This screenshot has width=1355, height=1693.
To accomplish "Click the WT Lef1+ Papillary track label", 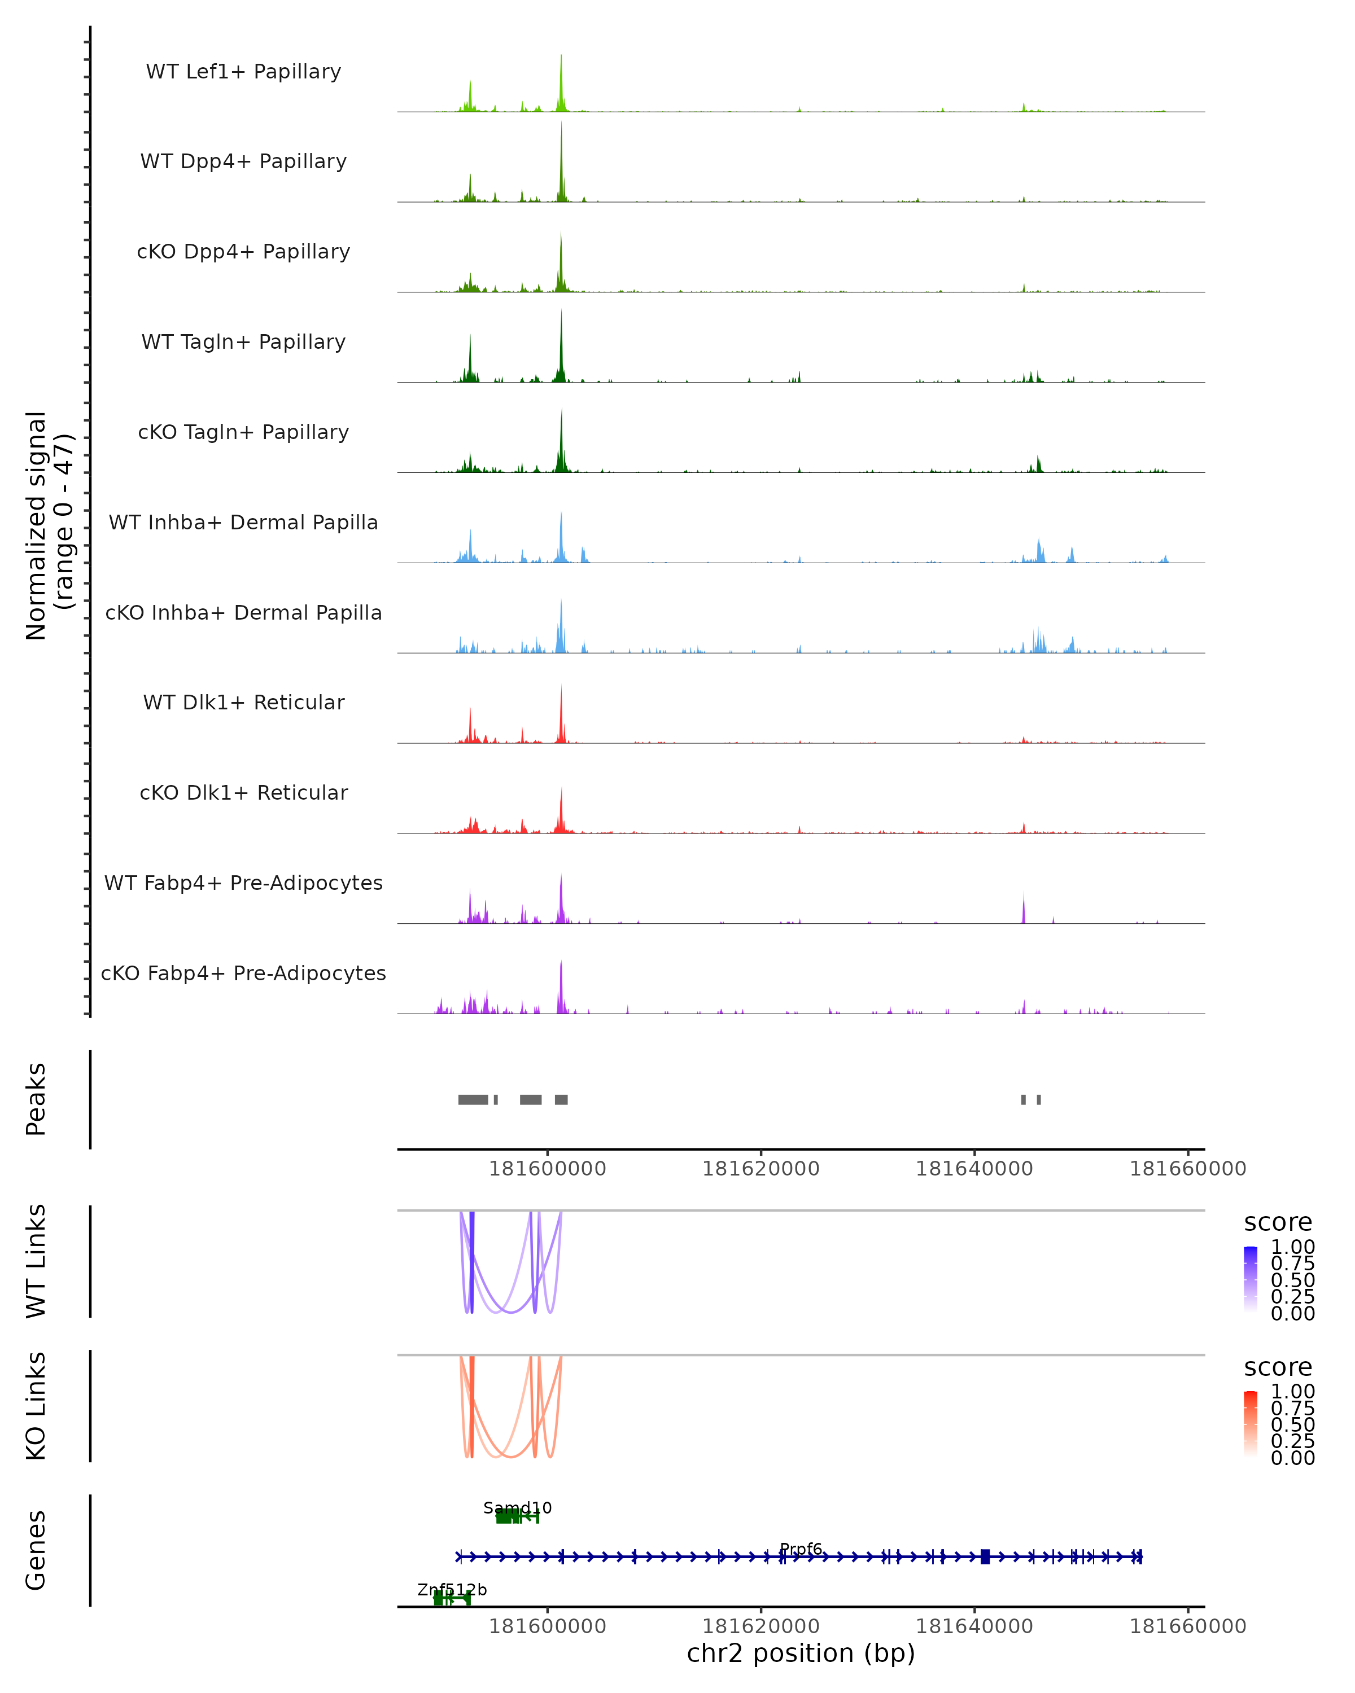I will tap(243, 72).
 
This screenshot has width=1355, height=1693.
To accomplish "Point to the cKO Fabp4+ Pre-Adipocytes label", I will tap(243, 973).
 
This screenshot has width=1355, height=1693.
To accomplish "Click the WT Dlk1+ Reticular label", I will tap(243, 703).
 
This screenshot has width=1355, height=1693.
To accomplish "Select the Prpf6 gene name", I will tap(801, 1549).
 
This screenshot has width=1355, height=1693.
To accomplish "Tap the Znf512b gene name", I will tap(452, 1589).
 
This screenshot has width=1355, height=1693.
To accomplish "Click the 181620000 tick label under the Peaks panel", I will tap(760, 1169).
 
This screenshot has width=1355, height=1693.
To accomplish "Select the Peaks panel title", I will tap(36, 1099).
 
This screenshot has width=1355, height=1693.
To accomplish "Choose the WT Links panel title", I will tap(36, 1261).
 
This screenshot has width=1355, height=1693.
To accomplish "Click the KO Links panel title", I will tap(36, 1406).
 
